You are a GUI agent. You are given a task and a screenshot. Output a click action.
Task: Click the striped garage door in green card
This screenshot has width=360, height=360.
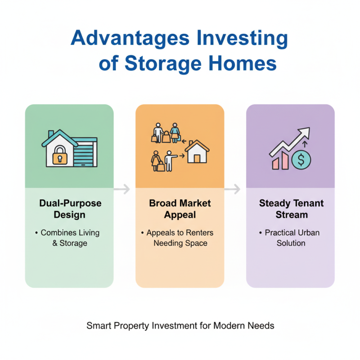point(84,153)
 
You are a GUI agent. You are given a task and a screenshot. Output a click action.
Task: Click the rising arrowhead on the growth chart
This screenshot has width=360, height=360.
point(304,134)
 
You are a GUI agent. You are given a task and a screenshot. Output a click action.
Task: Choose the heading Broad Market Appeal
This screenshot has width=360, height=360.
point(180,208)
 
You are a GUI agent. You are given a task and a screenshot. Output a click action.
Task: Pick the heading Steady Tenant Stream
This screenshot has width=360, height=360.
point(291,208)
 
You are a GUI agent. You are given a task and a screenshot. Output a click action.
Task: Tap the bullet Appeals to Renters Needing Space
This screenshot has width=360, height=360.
point(180,238)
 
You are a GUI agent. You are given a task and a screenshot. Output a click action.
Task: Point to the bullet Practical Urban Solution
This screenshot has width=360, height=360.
point(291,238)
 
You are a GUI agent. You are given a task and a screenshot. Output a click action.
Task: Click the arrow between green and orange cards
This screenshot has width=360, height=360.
point(122,189)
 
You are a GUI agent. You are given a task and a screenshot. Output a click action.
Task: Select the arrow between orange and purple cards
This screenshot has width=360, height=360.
point(233,189)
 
